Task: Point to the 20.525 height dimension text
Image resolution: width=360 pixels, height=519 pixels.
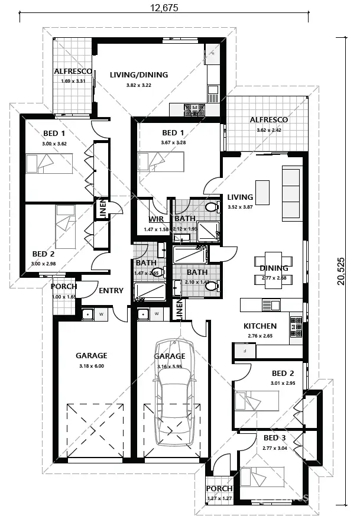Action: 340,271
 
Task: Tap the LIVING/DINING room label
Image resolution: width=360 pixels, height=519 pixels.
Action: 139,75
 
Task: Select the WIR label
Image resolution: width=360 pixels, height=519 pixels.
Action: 157,219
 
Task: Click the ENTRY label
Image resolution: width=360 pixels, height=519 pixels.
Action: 111,290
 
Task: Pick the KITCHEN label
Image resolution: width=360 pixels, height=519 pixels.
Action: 260,326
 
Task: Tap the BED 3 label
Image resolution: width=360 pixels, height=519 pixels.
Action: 274,438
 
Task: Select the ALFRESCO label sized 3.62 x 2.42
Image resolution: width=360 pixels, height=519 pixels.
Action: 268,120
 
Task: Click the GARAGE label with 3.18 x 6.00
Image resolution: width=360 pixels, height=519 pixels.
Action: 91,356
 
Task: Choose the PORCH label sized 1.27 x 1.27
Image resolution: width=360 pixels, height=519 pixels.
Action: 219,489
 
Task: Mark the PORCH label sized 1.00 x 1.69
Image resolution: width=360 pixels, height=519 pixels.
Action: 63,287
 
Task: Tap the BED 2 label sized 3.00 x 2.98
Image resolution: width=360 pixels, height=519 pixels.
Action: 44,254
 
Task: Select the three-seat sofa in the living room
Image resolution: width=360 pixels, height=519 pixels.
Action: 291,193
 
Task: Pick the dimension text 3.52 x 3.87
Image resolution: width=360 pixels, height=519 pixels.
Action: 240,207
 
